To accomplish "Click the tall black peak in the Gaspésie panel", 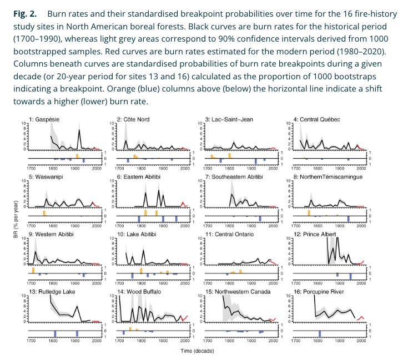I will [79, 131].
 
